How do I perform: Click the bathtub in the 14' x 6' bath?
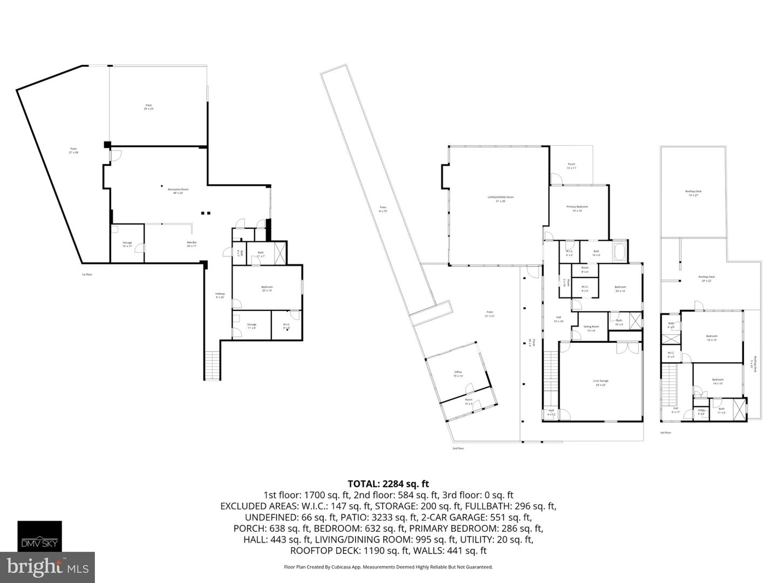[619, 251]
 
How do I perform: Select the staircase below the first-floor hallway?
[212, 365]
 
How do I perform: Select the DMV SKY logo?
[40, 536]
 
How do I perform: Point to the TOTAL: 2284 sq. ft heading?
[388, 484]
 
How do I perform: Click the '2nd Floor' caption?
[458, 449]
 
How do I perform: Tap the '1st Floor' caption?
[87, 275]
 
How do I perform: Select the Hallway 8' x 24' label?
[220, 295]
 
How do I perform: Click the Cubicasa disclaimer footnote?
[388, 567]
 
